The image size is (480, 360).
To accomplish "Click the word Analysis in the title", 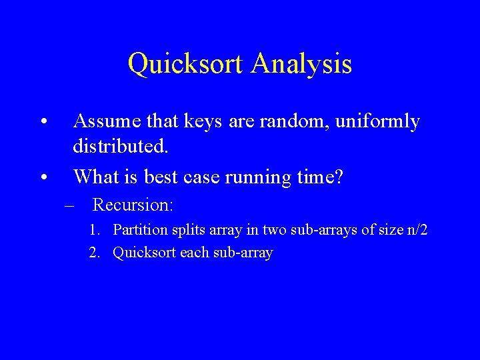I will coord(302,64).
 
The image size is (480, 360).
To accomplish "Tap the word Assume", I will coord(106,121).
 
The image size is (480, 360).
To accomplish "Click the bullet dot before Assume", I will coord(43,123).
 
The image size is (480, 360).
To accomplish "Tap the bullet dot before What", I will coord(43,177).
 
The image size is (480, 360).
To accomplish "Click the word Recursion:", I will coord(133,205).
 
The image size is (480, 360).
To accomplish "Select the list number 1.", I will coord(96,231).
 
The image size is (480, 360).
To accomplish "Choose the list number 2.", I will coord(96,253).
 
